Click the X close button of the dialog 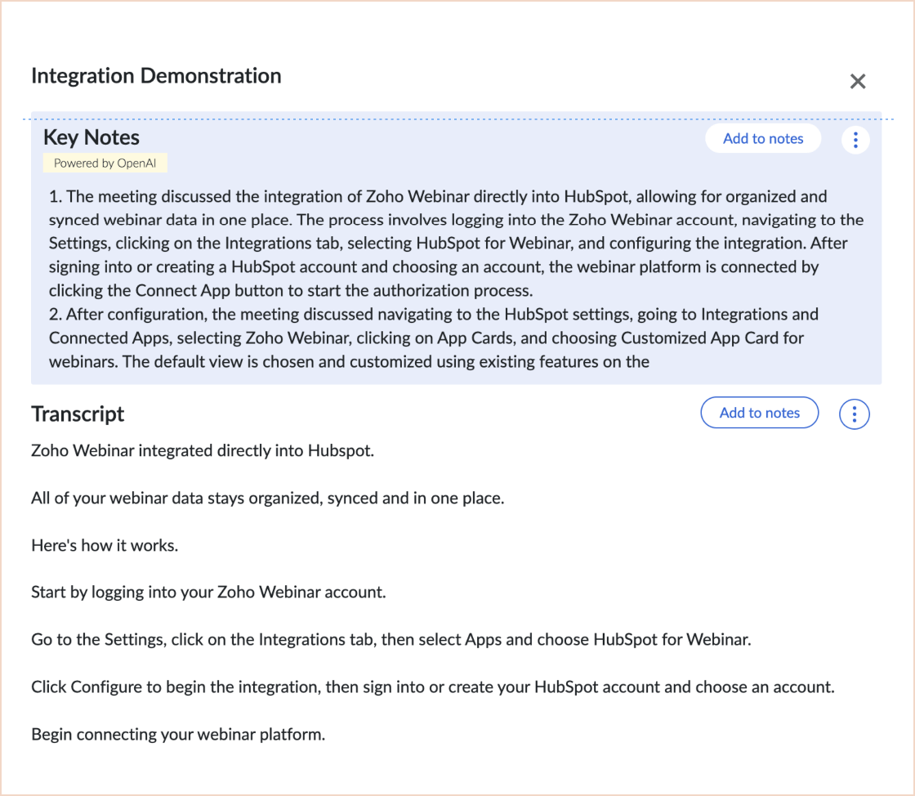pos(858,81)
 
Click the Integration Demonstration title pos(156,76)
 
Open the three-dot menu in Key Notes pos(855,140)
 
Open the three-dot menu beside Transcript pos(855,414)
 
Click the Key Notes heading pos(91,137)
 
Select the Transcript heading pos(78,414)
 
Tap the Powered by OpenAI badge pos(105,163)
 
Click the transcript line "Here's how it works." pos(105,545)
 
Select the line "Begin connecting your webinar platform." pos(178,734)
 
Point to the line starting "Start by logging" pos(208,592)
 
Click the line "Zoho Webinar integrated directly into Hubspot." pos(203,450)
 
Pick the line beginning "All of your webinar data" pos(267,498)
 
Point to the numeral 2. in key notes pos(55,315)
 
